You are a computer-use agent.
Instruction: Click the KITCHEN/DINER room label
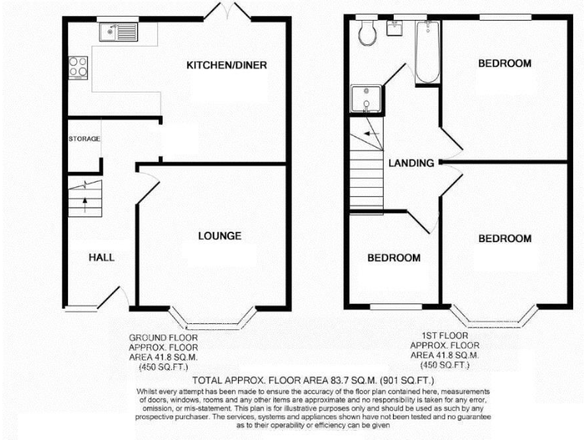tap(227, 65)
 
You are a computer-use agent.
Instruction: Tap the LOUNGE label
tap(220, 235)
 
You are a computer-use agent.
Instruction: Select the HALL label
tap(101, 257)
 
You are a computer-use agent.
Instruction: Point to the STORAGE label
tap(84, 139)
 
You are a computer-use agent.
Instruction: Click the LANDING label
tap(411, 163)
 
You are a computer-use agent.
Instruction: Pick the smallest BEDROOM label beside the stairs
tap(394, 257)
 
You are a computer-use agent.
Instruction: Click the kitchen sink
tap(118, 32)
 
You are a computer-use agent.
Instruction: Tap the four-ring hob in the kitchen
tap(78, 66)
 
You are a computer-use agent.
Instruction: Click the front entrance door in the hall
tap(117, 298)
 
